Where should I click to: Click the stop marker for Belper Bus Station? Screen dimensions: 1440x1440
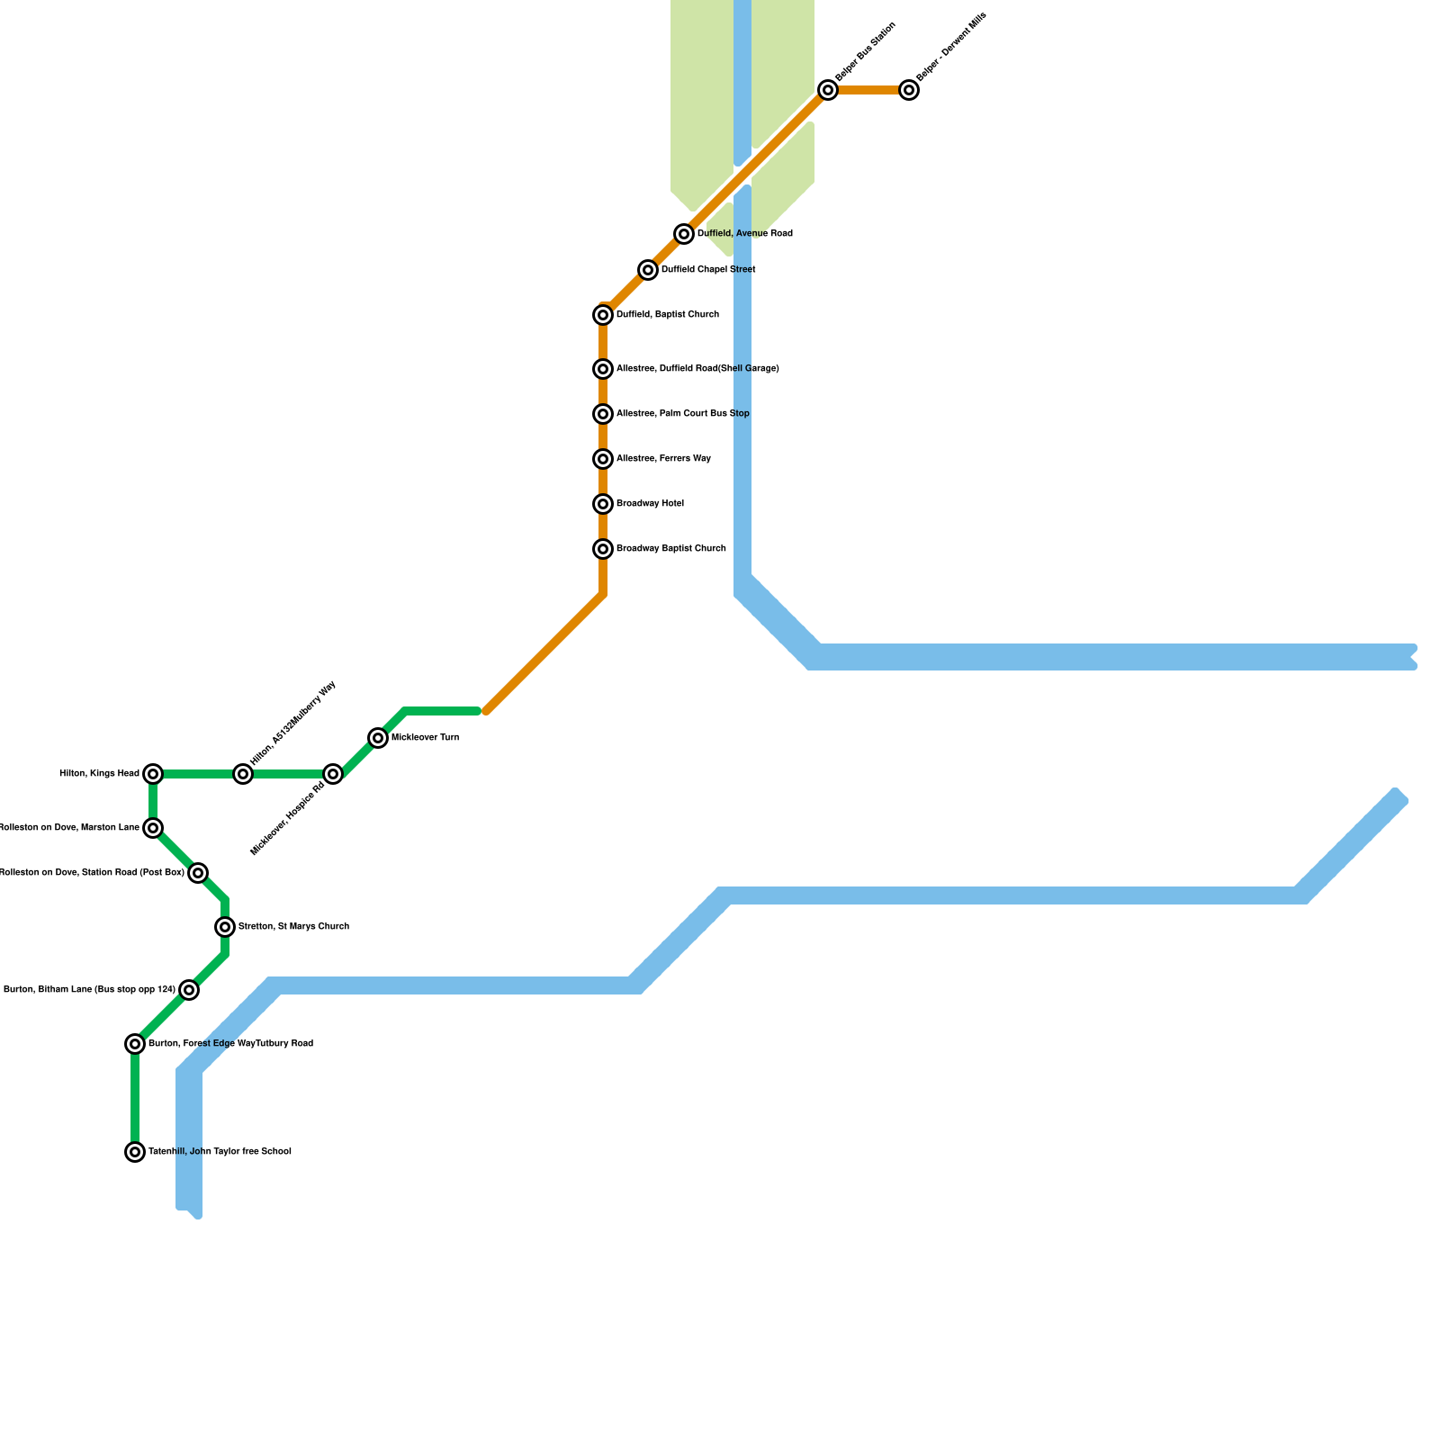click(828, 90)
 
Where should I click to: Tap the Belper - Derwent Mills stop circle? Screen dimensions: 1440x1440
click(909, 90)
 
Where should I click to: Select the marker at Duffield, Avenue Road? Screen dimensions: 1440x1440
click(684, 234)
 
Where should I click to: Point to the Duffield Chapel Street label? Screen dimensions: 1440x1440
click(707, 270)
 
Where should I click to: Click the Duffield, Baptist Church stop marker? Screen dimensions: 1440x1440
click(603, 315)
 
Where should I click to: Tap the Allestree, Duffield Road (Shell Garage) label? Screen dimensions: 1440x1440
click(697, 369)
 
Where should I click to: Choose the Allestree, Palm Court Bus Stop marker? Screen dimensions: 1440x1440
click(603, 414)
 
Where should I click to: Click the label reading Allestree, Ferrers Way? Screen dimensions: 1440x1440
click(663, 459)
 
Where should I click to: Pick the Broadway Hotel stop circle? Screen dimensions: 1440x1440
click(603, 504)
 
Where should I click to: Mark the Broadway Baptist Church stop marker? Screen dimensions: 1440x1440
click(603, 549)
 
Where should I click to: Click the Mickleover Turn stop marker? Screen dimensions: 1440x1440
click(378, 738)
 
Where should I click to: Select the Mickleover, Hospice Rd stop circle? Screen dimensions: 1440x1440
click(333, 774)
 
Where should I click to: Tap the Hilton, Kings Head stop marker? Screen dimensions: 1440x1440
click(153, 774)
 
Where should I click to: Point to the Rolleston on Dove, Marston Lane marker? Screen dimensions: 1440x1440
click(153, 828)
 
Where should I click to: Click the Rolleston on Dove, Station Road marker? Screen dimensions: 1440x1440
click(198, 873)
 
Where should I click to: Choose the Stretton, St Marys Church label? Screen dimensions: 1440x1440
click(293, 927)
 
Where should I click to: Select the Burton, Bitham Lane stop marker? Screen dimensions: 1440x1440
click(188, 990)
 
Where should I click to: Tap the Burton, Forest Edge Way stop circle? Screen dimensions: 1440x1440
click(135, 1044)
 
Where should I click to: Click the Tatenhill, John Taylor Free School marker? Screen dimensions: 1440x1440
click(135, 1152)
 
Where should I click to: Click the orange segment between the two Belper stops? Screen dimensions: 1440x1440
click(868, 90)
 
